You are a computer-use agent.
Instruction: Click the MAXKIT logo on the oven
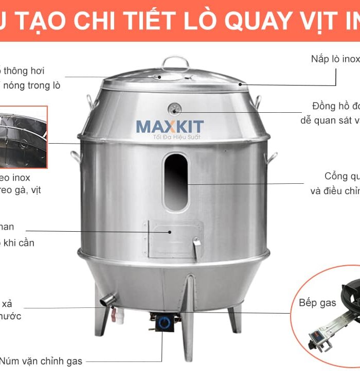[170, 126]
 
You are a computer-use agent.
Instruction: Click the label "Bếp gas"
[317, 302]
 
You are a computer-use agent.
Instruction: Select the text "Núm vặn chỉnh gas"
[41, 361]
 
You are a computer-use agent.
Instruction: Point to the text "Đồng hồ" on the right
[332, 106]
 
